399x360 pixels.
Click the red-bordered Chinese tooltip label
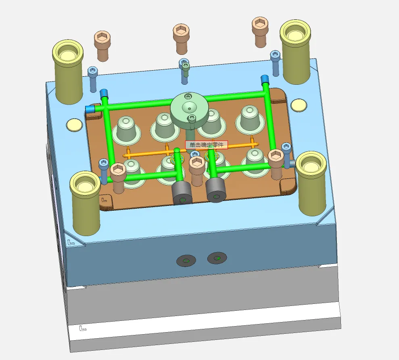click(207, 145)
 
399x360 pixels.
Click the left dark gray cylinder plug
click(182, 193)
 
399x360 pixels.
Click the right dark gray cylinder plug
click(216, 190)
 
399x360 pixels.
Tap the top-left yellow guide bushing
click(68, 71)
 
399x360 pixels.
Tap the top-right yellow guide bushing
click(295, 51)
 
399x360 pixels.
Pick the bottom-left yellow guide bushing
click(86, 203)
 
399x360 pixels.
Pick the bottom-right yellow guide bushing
click(311, 183)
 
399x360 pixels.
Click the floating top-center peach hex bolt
click(181, 39)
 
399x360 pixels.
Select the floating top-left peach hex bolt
click(102, 46)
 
